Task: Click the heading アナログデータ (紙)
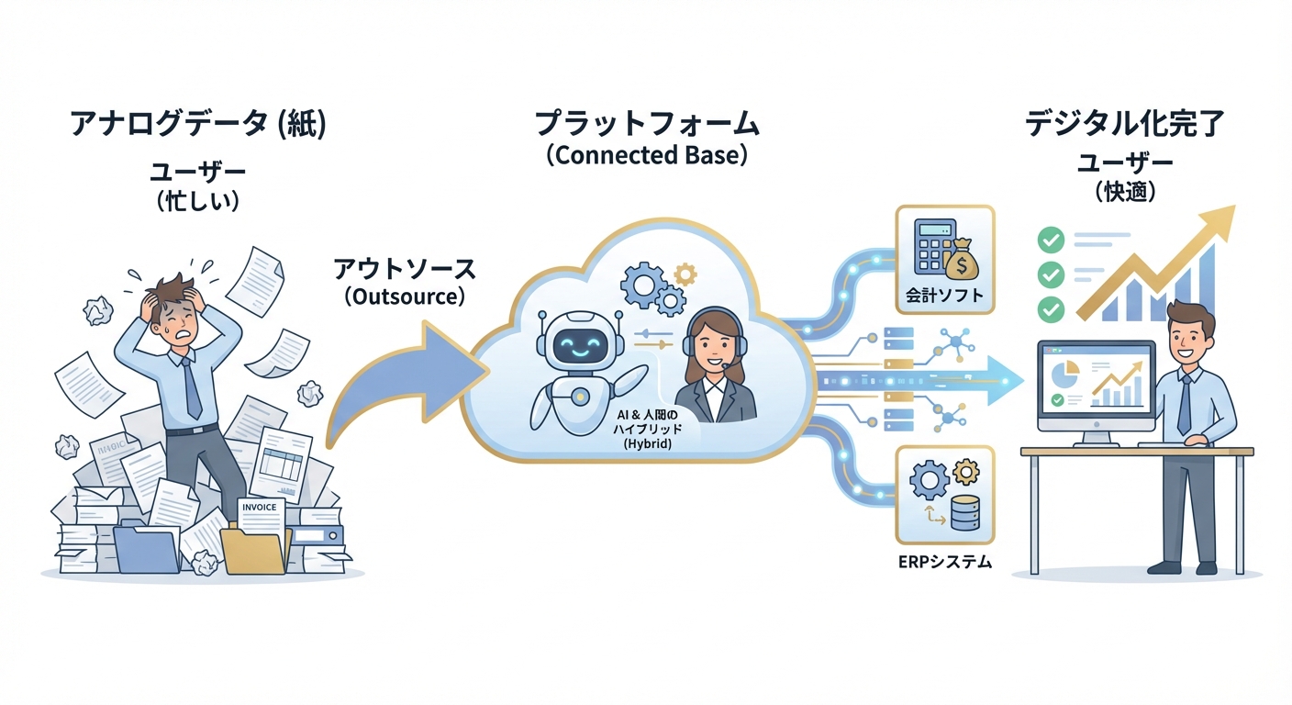pyautogui.click(x=198, y=125)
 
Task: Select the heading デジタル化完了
pyautogui.click(x=1125, y=125)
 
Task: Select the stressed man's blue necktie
pyautogui.click(x=191, y=389)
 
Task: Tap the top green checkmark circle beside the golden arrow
pyautogui.click(x=1049, y=241)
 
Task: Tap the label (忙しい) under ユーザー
pyautogui.click(x=198, y=200)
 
